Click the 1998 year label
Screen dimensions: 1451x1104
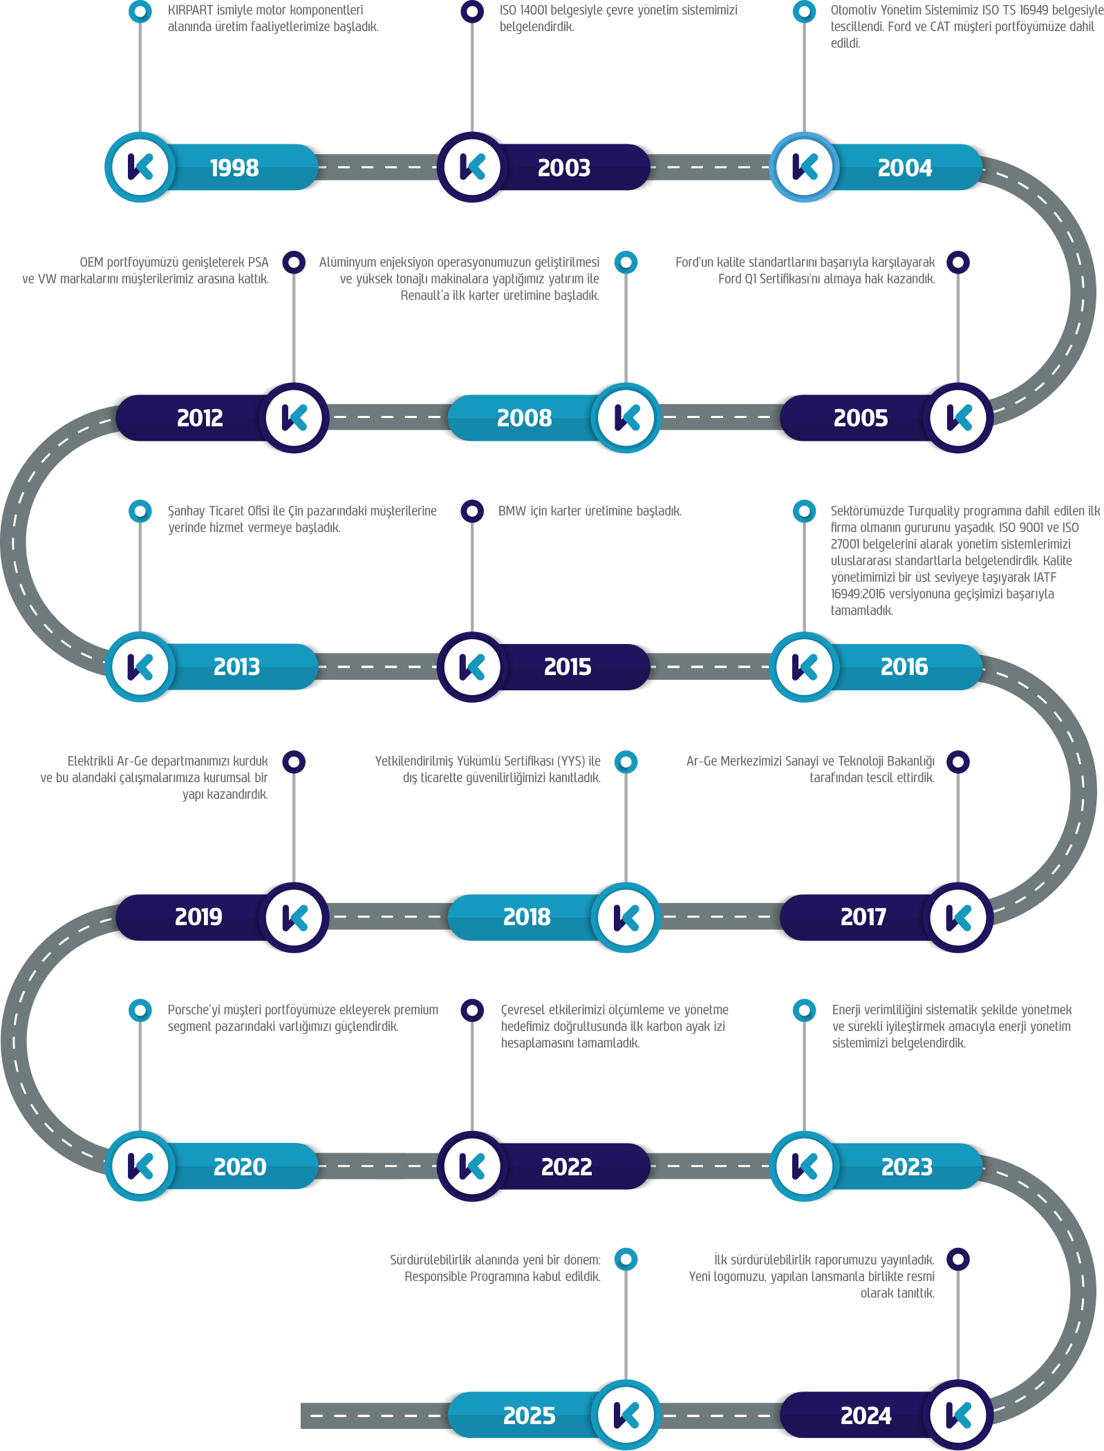coord(234,168)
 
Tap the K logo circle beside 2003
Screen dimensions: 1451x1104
coord(473,167)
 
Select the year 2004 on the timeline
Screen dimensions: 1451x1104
coord(904,168)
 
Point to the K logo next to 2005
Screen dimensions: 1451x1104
coord(958,418)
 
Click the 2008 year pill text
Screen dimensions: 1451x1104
coord(524,418)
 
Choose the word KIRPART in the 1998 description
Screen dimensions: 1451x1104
coord(191,10)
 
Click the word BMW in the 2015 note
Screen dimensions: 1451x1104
coord(512,511)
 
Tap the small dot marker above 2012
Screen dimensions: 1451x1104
coord(294,263)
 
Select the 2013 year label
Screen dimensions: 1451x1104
coord(236,667)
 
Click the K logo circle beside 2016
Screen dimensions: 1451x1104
coord(805,667)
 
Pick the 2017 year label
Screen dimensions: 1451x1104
coord(863,918)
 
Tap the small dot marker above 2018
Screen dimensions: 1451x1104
coord(626,761)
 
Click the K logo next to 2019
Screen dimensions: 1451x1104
coord(294,918)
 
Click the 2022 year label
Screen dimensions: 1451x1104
coord(567,1167)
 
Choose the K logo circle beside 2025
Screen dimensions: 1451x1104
coord(626,1415)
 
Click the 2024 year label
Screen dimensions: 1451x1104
coord(866,1416)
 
